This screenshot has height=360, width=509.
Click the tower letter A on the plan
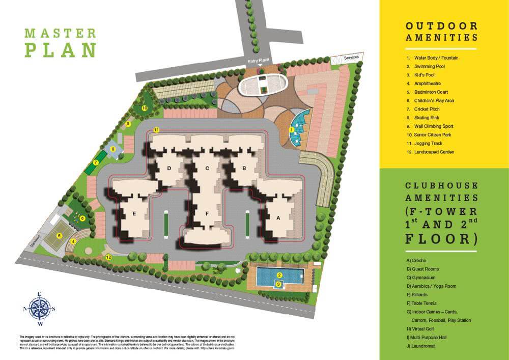(278, 217)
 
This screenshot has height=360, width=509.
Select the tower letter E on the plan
(134, 214)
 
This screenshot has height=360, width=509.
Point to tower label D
(168, 168)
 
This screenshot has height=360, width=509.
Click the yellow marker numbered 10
(145, 108)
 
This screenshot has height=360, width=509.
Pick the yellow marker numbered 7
(95, 163)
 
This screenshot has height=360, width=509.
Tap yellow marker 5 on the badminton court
(60, 236)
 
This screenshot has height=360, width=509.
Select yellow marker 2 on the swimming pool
(279, 275)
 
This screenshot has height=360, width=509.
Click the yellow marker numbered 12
(108, 257)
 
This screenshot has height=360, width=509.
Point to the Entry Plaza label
(258, 61)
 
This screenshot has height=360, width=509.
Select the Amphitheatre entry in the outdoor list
(428, 84)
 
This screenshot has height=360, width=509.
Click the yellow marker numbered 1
(292, 130)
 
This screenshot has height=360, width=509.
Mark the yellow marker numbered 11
(156, 130)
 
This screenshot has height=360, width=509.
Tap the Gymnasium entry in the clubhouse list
(421, 278)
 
